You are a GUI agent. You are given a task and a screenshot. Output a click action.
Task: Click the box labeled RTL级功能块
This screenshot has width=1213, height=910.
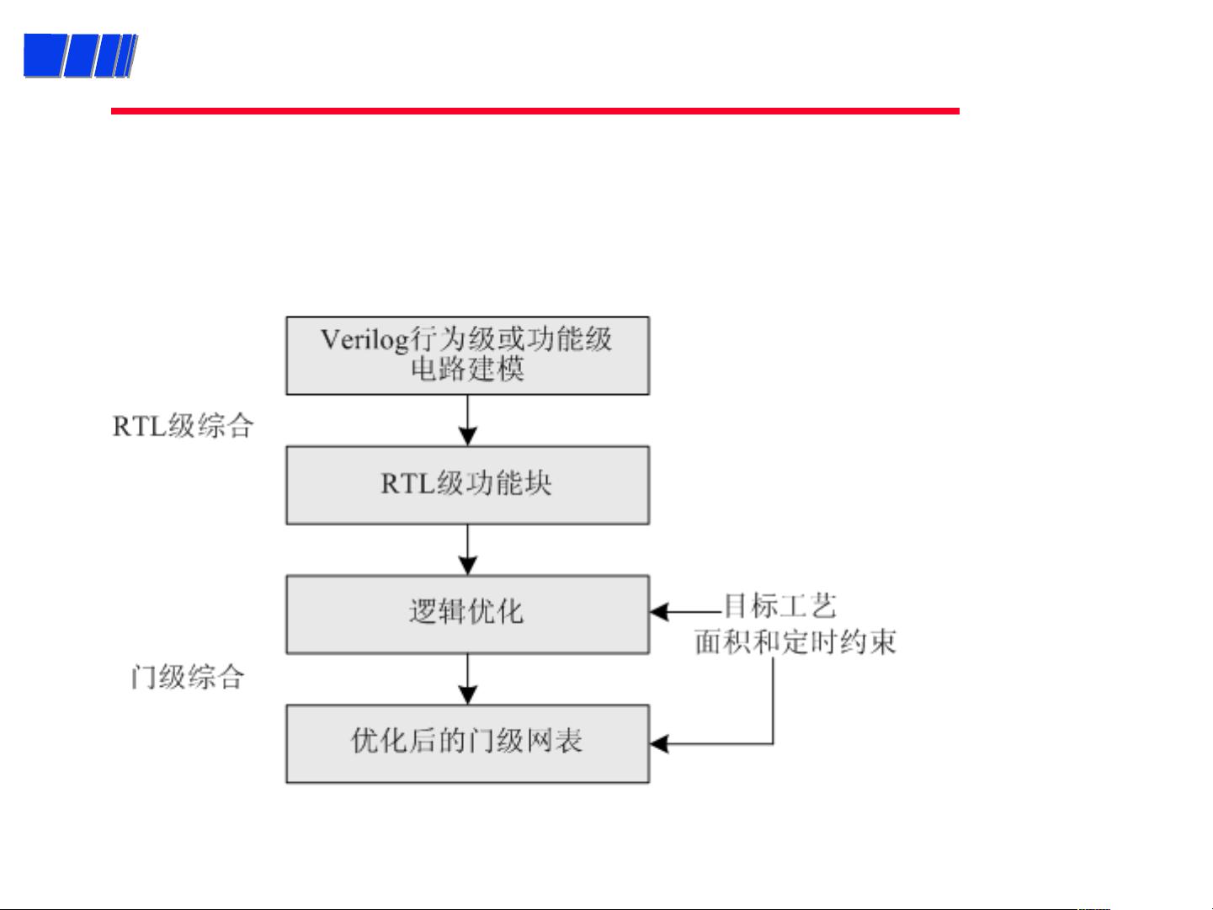click(x=467, y=485)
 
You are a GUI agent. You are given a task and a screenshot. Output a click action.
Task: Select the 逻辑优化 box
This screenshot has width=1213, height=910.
click(x=467, y=615)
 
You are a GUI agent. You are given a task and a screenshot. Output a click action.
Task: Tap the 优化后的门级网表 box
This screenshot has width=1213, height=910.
click(x=467, y=743)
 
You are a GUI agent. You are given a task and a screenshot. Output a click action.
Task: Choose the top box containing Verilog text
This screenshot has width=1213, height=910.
click(x=467, y=355)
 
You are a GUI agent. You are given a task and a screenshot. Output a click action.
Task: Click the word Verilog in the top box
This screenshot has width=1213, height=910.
click(x=364, y=340)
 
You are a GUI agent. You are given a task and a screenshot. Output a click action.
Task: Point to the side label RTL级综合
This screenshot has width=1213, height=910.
click(x=183, y=426)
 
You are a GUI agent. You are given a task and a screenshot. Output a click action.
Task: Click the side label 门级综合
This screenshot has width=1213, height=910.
click(x=188, y=677)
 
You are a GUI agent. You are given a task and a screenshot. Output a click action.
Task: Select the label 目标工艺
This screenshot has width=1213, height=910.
click(x=780, y=605)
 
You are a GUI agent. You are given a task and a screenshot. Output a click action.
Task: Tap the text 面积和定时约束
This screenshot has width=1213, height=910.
click(x=795, y=642)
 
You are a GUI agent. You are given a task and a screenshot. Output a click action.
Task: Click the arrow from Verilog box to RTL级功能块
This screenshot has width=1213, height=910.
click(x=467, y=420)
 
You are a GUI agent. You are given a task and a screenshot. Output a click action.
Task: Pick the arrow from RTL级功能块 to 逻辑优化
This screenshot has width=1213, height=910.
click(x=467, y=550)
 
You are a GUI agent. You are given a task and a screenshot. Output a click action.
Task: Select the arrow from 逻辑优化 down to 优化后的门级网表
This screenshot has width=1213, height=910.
click(x=467, y=679)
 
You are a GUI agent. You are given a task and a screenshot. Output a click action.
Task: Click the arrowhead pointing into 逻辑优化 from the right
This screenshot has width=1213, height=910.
click(x=659, y=612)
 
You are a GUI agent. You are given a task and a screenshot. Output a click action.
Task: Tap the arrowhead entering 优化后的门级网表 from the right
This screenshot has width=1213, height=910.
click(x=659, y=743)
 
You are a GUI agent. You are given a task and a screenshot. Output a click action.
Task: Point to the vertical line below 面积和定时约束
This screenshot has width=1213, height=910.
click(x=773, y=700)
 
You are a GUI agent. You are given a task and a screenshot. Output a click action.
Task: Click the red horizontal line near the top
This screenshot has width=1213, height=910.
click(x=535, y=111)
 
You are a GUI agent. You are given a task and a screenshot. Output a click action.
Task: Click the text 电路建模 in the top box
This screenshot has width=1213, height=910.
click(x=467, y=369)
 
